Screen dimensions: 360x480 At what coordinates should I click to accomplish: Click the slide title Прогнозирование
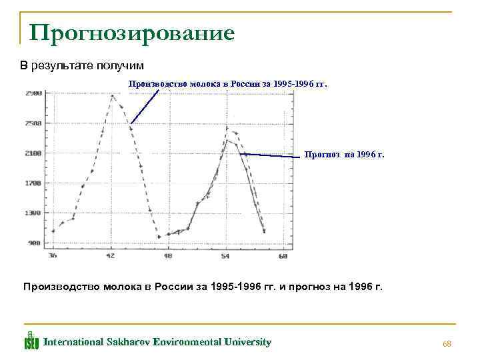(131, 32)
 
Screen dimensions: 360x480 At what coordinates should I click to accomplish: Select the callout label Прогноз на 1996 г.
(344, 155)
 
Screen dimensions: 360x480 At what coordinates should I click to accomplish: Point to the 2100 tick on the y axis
(33, 153)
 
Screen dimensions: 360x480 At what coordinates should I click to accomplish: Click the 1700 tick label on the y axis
(33, 183)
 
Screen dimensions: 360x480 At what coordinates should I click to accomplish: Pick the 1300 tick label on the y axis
(33, 213)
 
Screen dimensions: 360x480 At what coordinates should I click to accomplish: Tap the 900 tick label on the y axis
(35, 243)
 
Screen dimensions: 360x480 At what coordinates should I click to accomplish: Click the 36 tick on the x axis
(53, 255)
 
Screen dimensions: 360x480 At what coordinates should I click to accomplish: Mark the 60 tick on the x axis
(283, 255)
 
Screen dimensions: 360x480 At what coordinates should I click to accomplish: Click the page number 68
(447, 343)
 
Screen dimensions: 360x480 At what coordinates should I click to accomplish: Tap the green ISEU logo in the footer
(31, 341)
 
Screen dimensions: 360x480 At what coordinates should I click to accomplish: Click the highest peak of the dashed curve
(113, 95)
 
